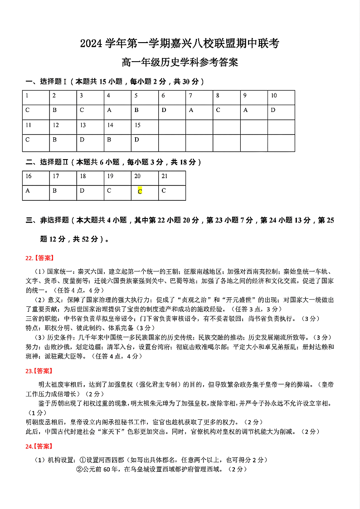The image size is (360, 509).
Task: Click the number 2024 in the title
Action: [x=92, y=44]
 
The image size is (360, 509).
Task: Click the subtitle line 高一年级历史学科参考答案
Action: [x=180, y=62]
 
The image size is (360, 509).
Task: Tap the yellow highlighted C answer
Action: [x=140, y=192]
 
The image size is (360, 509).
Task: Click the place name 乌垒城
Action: [x=143, y=469]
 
